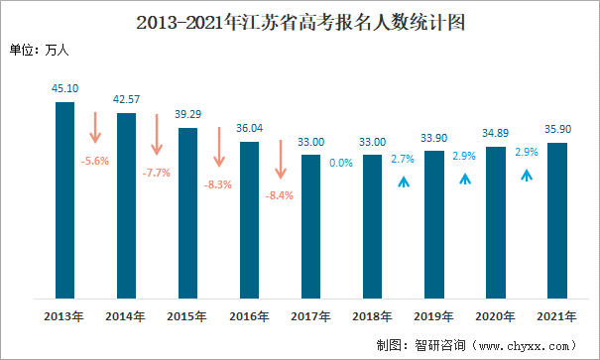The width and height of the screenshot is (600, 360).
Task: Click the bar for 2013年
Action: [64, 199]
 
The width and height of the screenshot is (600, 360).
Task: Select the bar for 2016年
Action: [249, 219]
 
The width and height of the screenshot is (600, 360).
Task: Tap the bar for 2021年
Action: [556, 220]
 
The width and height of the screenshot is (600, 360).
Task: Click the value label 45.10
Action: [64, 88]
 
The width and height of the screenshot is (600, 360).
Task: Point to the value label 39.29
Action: [187, 114]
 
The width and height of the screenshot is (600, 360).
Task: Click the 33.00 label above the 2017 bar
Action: [310, 141]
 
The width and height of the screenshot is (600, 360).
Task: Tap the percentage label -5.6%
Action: [95, 160]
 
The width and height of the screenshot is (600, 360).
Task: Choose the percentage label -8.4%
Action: [280, 195]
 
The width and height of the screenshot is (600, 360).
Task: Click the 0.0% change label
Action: [341, 163]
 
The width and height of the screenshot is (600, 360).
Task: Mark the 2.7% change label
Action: [403, 159]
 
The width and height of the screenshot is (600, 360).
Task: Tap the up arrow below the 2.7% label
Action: [403, 180]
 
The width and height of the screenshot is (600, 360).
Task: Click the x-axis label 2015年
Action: [187, 316]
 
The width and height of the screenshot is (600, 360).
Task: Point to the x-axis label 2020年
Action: [495, 316]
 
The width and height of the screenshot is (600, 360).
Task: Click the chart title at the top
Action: [300, 21]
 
